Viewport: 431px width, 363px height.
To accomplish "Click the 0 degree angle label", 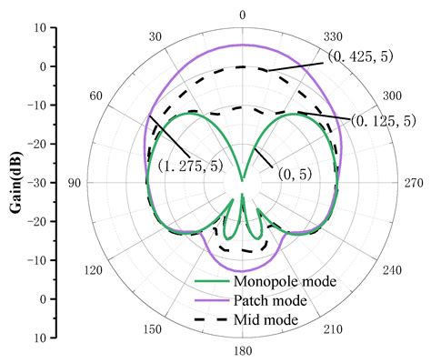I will pos(242,15).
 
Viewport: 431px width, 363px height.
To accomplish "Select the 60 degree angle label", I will pos(95,96).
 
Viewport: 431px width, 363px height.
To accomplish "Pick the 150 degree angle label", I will pos(155,329).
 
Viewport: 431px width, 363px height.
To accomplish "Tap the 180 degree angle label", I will pos(242,351).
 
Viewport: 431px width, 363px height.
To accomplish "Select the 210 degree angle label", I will pos(327,329).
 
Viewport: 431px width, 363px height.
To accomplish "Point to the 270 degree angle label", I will pos(410,183).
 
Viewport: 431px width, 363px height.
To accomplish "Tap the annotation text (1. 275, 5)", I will pos(193,166).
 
